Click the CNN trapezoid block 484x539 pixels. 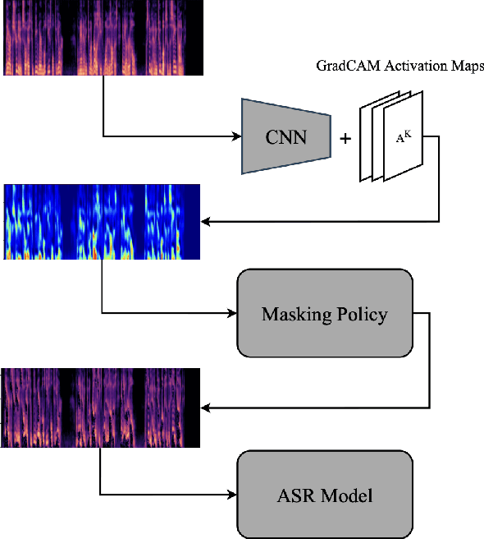point(285,136)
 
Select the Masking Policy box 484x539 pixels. point(324,314)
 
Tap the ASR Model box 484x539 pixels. point(324,495)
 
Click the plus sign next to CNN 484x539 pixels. point(345,138)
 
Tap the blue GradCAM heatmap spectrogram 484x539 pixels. point(103,222)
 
